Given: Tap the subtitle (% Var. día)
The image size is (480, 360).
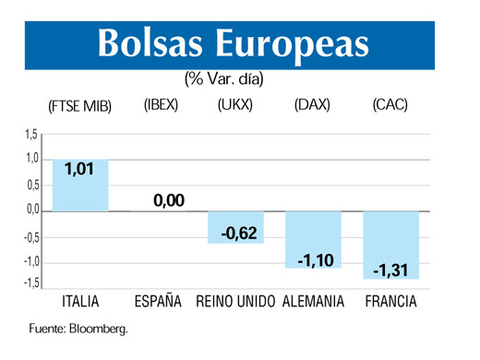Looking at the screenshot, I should [x=224, y=79].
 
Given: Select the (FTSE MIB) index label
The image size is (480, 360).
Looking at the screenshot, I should [x=80, y=105].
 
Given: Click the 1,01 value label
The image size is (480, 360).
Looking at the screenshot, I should [x=79, y=171].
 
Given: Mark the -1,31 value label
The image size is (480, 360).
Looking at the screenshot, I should [x=391, y=270].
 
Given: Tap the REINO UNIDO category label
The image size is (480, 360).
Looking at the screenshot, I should [x=235, y=302].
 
